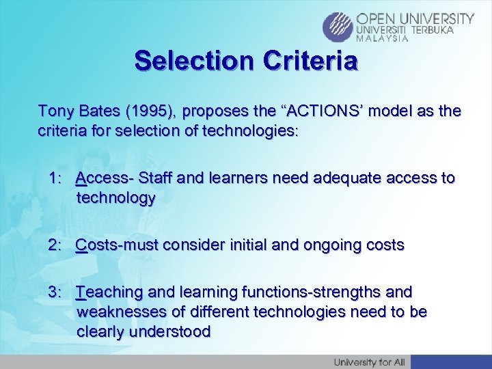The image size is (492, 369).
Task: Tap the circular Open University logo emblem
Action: (x=338, y=27)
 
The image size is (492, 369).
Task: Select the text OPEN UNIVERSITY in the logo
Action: (x=415, y=18)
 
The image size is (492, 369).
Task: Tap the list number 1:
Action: (x=56, y=178)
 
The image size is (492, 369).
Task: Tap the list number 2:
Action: (x=56, y=244)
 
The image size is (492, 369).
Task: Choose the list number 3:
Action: (x=56, y=292)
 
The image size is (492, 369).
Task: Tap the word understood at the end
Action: (x=172, y=331)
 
